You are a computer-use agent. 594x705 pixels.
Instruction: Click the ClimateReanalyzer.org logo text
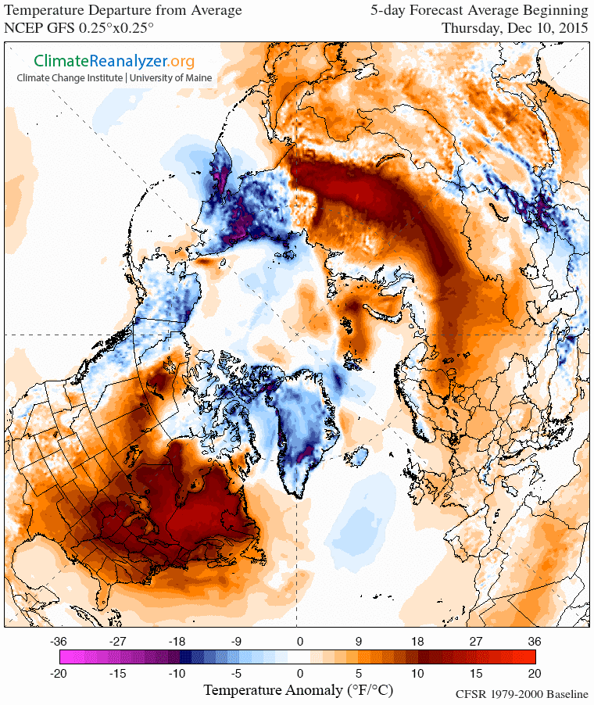(113, 61)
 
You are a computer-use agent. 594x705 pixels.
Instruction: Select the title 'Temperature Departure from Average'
(123, 11)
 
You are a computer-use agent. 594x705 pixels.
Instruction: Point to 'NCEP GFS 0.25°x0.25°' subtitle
(79, 27)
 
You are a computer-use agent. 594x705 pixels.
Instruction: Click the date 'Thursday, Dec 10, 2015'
(513, 27)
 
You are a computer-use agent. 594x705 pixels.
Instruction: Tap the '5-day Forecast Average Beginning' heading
(479, 11)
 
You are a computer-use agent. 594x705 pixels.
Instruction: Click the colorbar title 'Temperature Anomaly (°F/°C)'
(298, 690)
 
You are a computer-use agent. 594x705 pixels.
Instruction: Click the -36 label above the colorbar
(57, 641)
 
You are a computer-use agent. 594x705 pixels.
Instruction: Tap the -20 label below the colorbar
(57, 673)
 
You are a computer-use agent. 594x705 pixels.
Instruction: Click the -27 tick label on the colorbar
(117, 641)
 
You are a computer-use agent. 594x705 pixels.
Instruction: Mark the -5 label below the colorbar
(237, 673)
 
